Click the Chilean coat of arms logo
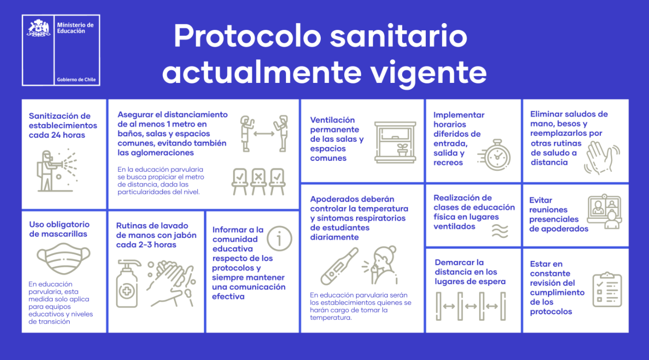(38, 28)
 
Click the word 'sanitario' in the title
(398, 37)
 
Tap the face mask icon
(64, 259)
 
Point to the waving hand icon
(601, 157)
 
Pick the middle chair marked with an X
(258, 181)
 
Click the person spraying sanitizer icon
(54, 170)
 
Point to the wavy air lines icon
(500, 231)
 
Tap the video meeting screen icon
(604, 212)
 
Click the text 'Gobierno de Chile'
(77, 79)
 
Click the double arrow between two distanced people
(264, 133)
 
